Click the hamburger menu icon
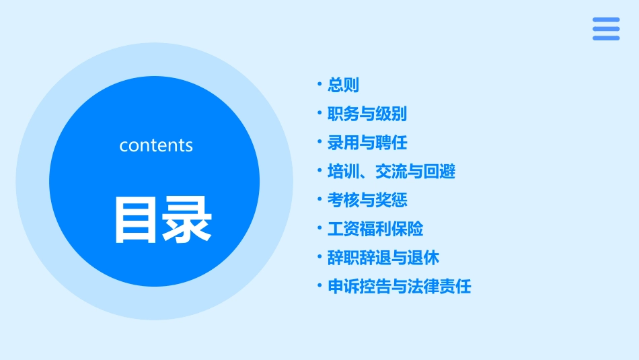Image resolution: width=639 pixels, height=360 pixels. click(x=606, y=29)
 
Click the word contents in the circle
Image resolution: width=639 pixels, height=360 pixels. click(x=156, y=145)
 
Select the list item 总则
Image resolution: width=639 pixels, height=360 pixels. click(x=343, y=85)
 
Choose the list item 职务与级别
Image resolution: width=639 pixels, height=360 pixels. click(x=367, y=114)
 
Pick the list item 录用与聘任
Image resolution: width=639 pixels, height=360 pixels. click(x=367, y=143)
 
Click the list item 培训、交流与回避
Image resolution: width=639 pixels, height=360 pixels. click(x=391, y=172)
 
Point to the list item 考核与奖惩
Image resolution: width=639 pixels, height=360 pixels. click(x=367, y=201)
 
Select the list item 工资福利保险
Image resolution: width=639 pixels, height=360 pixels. click(x=375, y=229)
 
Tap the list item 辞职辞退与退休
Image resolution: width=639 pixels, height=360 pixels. click(x=383, y=258)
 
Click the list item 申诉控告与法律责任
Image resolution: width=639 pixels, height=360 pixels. click(x=399, y=287)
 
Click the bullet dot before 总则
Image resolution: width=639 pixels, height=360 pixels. click(x=320, y=85)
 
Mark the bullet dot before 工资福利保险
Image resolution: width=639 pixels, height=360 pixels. click(x=320, y=228)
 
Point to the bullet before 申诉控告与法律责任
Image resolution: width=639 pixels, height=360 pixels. click(x=320, y=286)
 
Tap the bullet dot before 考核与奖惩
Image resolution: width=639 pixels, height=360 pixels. click(x=320, y=200)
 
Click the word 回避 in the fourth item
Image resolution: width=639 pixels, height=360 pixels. click(x=440, y=172)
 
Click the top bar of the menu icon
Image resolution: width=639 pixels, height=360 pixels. click(x=606, y=20)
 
